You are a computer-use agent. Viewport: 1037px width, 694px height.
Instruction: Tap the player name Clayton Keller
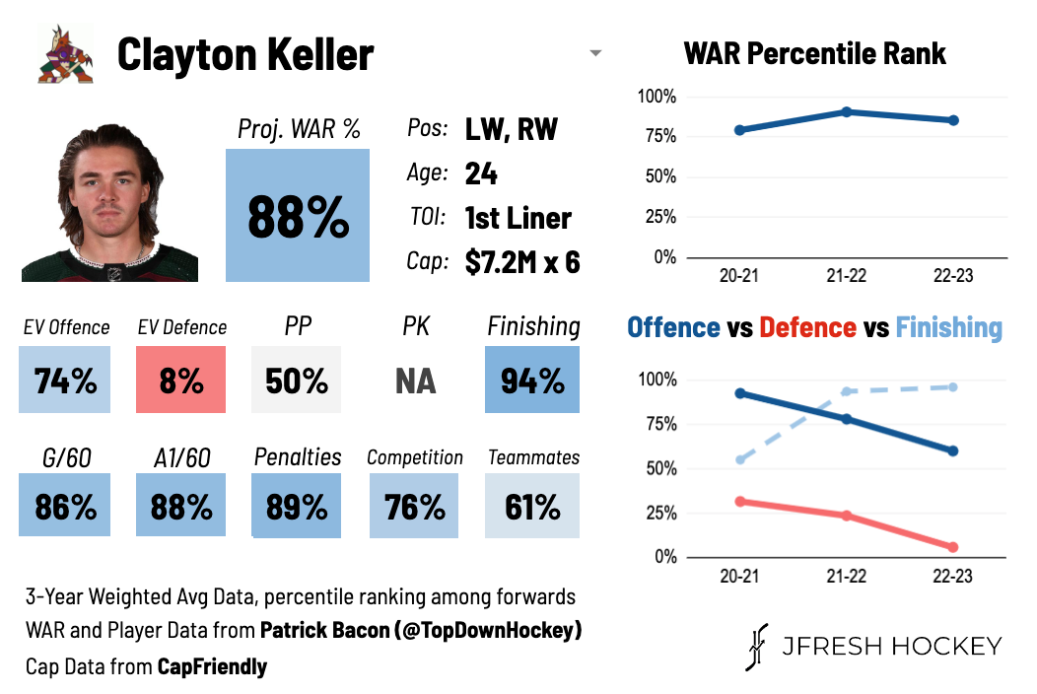(x=245, y=55)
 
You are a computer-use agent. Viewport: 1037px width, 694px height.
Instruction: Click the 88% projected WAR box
(x=298, y=215)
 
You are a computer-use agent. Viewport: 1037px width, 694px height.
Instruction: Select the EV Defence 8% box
(x=181, y=380)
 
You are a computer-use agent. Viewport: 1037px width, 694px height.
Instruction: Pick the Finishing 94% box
(x=532, y=380)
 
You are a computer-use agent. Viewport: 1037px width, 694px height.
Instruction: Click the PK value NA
(x=415, y=381)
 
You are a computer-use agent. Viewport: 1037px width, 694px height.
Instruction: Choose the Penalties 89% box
(x=297, y=506)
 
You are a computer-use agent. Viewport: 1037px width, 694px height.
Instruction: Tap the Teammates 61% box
(x=532, y=506)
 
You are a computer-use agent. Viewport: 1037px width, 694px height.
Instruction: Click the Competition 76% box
(x=414, y=506)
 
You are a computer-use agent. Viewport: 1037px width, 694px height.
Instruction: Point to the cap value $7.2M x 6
(x=522, y=261)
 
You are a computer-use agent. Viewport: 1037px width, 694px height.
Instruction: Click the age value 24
(x=481, y=174)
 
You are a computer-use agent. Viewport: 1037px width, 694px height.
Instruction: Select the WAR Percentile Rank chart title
(x=814, y=53)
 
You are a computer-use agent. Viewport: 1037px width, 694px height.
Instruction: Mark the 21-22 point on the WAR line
(x=847, y=112)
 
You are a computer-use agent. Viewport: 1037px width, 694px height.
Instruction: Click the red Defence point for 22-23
(x=952, y=547)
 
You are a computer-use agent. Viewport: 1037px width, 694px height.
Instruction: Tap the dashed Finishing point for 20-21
(x=740, y=459)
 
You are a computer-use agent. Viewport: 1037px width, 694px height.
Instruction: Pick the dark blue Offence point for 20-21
(x=740, y=393)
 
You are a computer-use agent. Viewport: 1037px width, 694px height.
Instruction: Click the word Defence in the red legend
(x=807, y=327)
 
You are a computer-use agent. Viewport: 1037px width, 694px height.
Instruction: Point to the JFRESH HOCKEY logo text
(x=891, y=646)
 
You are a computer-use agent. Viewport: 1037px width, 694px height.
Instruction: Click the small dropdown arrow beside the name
(x=595, y=53)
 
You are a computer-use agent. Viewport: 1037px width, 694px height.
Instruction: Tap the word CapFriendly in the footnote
(x=213, y=667)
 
